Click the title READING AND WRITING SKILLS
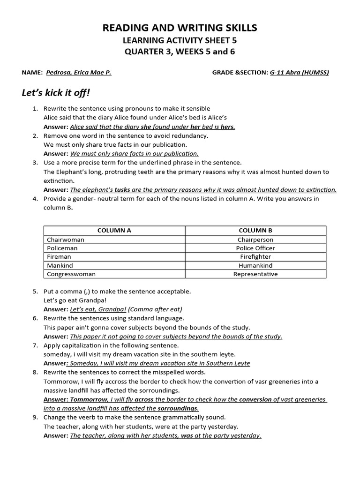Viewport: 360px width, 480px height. point(180,28)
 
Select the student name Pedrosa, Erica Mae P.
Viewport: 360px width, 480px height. point(78,72)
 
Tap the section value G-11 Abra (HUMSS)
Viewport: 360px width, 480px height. point(299,72)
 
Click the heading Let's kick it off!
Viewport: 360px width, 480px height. point(56,92)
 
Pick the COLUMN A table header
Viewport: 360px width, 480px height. point(114,230)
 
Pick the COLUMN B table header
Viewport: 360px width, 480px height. point(255,230)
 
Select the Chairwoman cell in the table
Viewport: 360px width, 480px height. point(66,240)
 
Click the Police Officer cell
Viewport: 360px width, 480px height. point(255,248)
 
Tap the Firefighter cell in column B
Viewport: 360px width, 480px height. point(255,257)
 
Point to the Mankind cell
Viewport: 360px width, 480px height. point(60,265)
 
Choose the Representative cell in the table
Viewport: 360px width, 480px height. point(255,274)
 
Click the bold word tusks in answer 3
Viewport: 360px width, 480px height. point(122,190)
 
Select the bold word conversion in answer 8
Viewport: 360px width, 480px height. point(256,399)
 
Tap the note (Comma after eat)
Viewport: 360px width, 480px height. point(155,309)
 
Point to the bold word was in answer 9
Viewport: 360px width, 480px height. point(186,435)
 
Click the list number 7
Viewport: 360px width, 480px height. point(35,345)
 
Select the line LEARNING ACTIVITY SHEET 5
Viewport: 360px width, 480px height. point(180,41)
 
